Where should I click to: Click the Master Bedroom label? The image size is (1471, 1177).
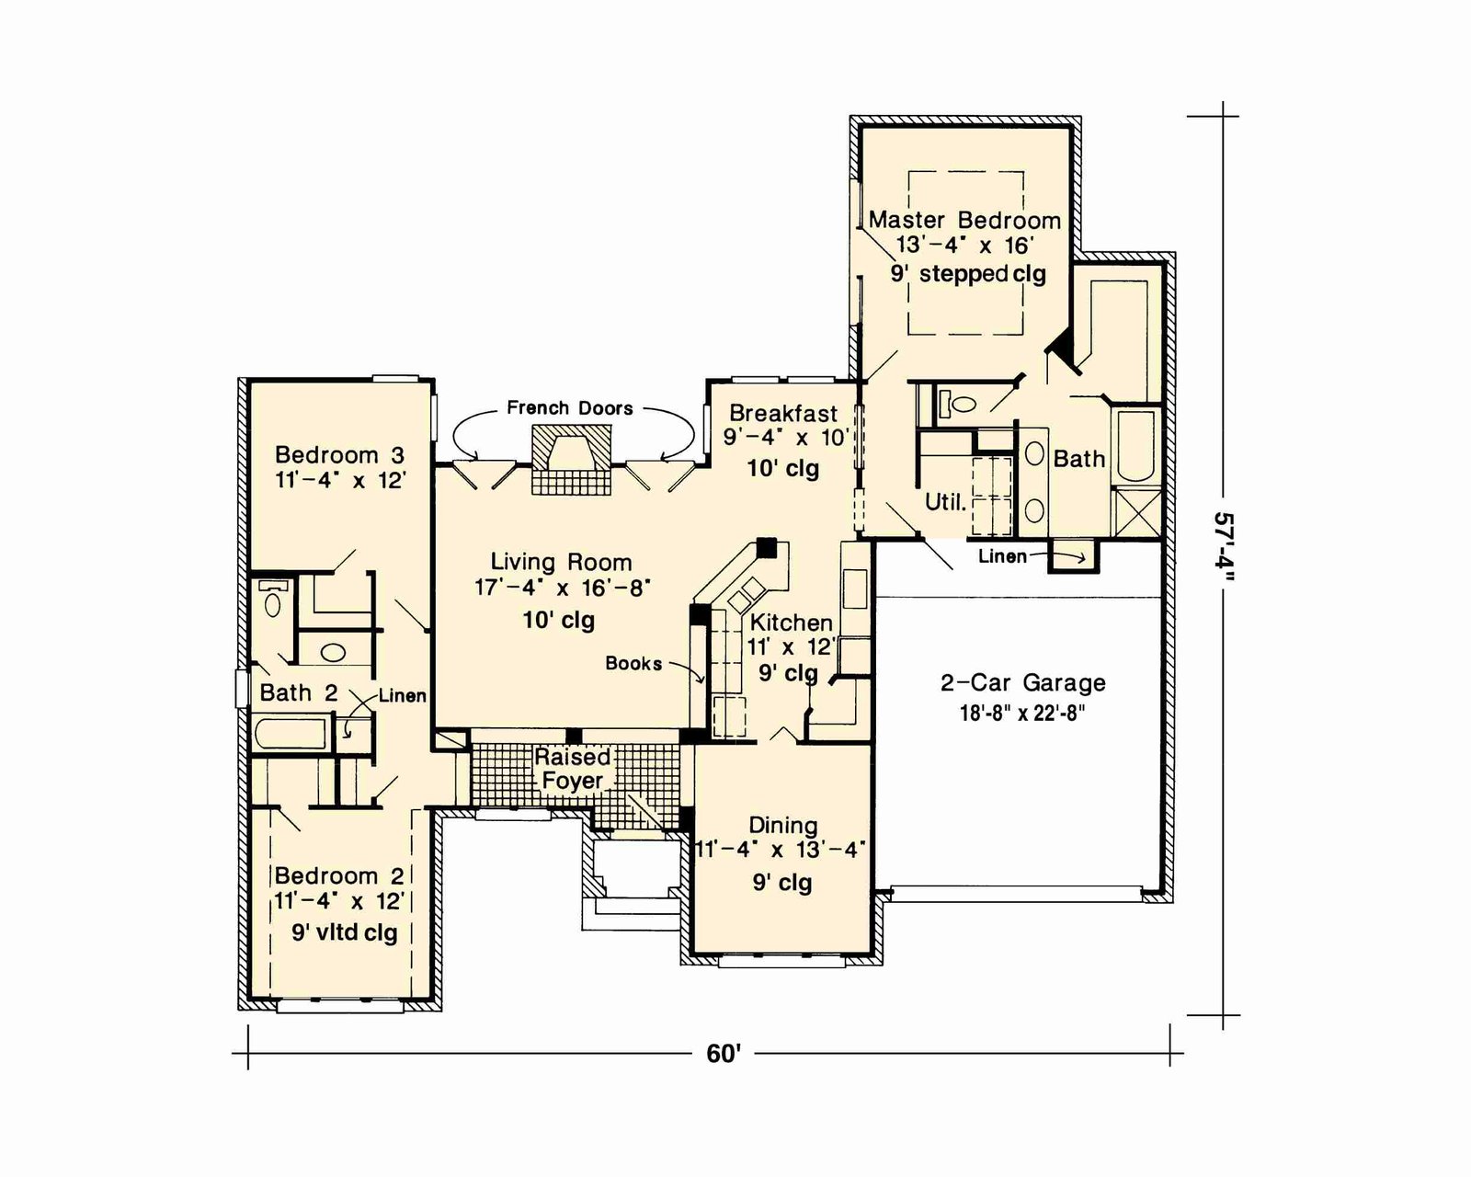pos(964,220)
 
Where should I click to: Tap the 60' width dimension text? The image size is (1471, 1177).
pos(724,1054)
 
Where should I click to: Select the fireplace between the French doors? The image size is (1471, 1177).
pos(572,459)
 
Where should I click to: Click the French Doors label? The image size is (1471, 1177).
pos(570,408)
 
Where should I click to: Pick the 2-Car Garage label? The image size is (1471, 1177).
pos(1023,682)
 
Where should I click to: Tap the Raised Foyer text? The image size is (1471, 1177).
pos(572,768)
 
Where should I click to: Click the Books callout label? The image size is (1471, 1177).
pos(633,663)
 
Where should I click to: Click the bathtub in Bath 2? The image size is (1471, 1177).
pos(290,735)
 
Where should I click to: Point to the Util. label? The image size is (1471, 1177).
pos(945,503)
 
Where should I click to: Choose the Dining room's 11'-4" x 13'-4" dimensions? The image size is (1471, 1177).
pos(780,850)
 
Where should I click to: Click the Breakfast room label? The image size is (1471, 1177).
pos(783,413)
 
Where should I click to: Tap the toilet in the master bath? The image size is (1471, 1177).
pos(958,403)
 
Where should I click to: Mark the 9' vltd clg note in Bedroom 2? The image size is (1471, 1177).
pos(345,932)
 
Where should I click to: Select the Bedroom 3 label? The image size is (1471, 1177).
pos(340,454)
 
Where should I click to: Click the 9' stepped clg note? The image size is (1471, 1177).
pos(968,274)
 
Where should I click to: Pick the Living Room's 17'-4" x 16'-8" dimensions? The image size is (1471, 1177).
pos(563,588)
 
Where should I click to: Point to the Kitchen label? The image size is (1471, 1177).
pos(792,623)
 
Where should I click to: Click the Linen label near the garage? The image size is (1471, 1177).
pos(1002,556)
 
